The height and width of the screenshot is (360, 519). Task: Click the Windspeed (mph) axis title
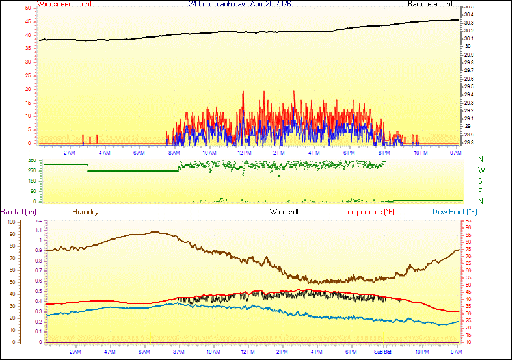pos(64,4)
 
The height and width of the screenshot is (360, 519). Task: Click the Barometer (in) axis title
pos(430,4)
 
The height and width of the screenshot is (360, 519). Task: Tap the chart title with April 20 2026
pos(239,4)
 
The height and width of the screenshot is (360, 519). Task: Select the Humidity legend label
pos(85,212)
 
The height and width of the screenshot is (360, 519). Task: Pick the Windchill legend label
pos(284,212)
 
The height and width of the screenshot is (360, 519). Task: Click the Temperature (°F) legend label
pos(369,212)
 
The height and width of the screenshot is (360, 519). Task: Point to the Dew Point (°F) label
pos(455,212)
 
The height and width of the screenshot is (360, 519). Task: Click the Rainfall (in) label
pos(18,212)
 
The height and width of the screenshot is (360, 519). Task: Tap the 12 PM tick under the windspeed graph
pos(245,153)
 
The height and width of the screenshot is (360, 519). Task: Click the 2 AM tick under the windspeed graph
pos(69,153)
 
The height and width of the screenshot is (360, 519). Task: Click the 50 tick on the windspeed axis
pos(27,8)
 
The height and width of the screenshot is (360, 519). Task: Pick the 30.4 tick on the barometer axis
pos(468,14)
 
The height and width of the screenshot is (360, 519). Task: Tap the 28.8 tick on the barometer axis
pos(468,142)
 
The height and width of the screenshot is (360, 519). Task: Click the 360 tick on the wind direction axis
pos(31,160)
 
